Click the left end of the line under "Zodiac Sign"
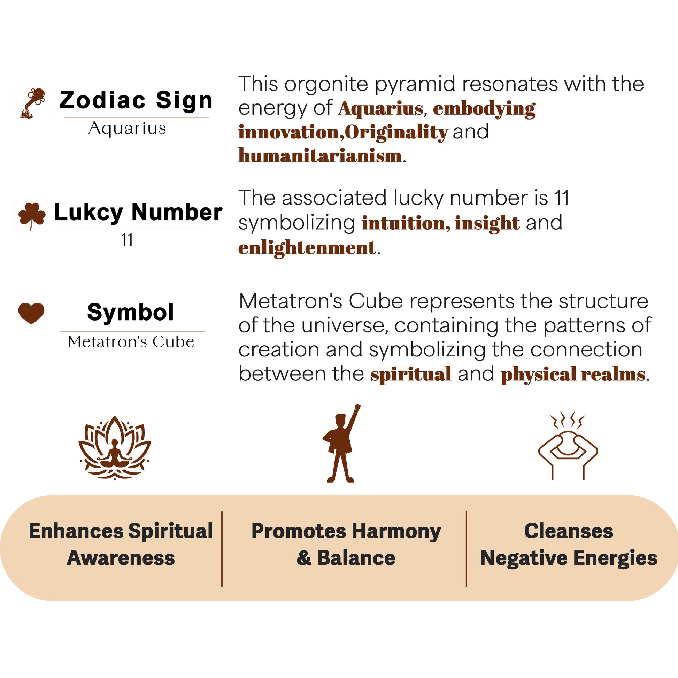[64, 117]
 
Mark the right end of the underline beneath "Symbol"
[205, 332]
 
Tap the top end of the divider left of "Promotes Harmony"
[222, 512]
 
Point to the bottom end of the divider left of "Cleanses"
[467, 586]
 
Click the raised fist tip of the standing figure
[357, 406]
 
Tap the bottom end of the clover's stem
[31, 230]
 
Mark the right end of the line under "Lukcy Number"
[208, 229]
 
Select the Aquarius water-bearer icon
[33, 103]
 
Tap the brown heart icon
[31, 313]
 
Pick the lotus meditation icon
[114, 448]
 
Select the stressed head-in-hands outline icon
[568, 446]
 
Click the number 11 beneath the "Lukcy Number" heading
[127, 240]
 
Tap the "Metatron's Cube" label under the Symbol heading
[131, 342]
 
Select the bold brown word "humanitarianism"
[320, 155]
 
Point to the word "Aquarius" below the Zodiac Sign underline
[127, 129]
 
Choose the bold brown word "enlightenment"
[307, 248]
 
